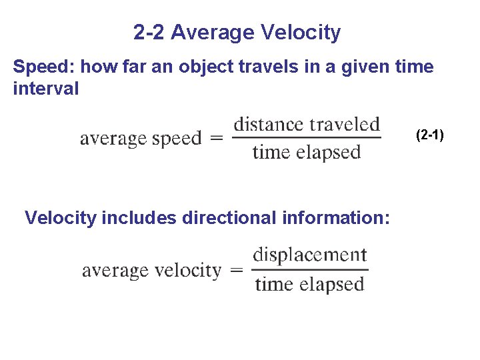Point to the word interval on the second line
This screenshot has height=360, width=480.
pos(45,88)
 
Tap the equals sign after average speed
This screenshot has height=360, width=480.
pos(216,139)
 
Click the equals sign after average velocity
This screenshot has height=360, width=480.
pos(236,271)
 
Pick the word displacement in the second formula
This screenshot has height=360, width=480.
pos(310,255)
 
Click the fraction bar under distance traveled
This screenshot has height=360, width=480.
pos(307,139)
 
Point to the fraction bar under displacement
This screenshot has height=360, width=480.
pos(310,270)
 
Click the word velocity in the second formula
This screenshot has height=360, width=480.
pos(189,271)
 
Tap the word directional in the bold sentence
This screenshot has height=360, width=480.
pos(223,218)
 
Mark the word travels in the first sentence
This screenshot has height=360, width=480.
pos(245,67)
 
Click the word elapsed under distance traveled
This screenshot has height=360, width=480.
pos(326,153)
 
